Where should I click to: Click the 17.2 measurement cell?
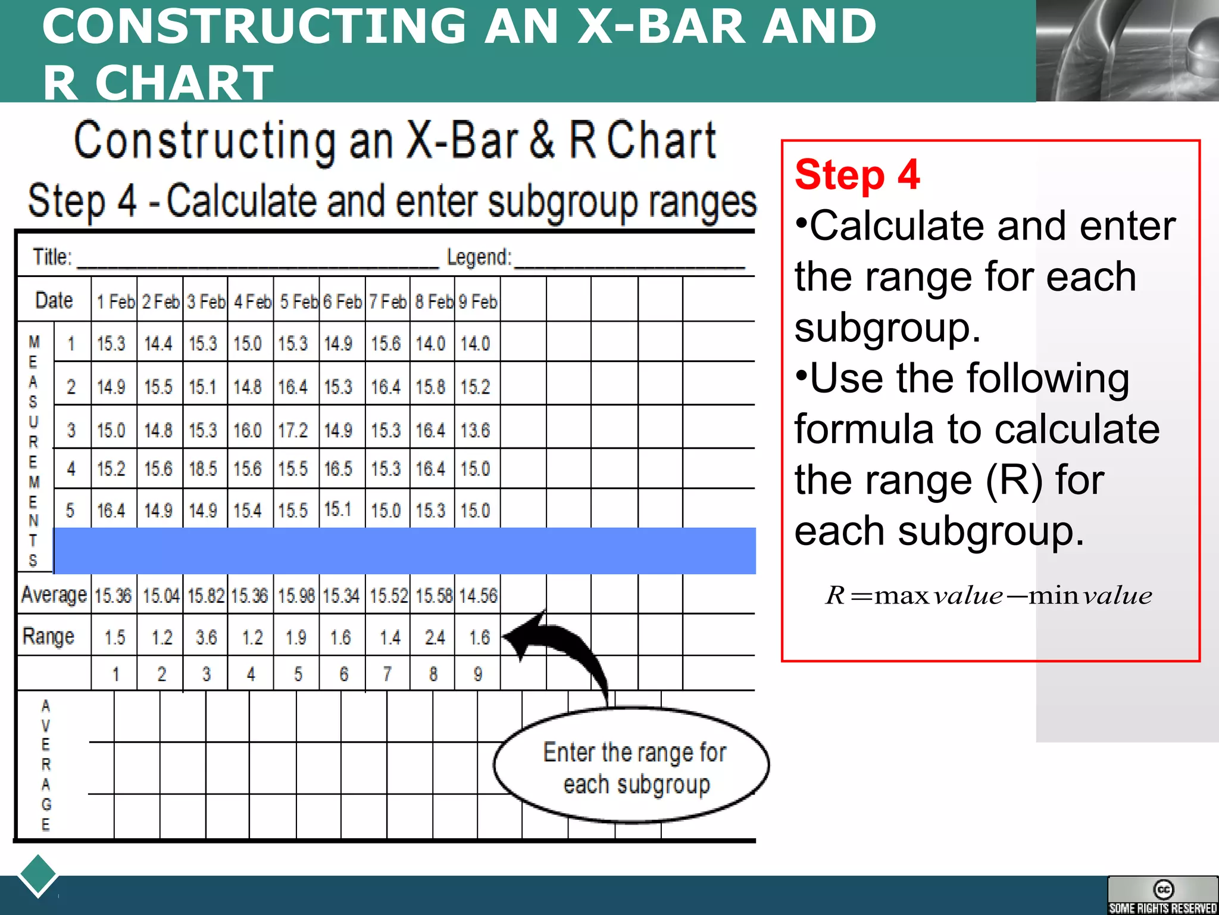293,430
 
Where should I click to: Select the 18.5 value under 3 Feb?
203,469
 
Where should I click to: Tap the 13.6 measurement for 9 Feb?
475,430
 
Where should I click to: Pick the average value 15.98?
296,596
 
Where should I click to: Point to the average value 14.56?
478,596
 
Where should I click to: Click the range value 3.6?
206,637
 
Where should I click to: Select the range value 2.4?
435,637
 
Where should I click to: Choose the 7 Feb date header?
387,302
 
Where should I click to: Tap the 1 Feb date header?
115,302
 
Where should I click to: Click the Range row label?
48,636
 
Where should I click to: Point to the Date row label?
54,300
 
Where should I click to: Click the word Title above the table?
52,257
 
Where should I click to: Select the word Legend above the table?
479,257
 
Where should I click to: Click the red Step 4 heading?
857,175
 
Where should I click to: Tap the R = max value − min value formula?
988,595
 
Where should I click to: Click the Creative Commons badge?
1162,895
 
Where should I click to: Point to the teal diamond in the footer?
38,874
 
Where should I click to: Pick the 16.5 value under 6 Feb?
338,469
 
